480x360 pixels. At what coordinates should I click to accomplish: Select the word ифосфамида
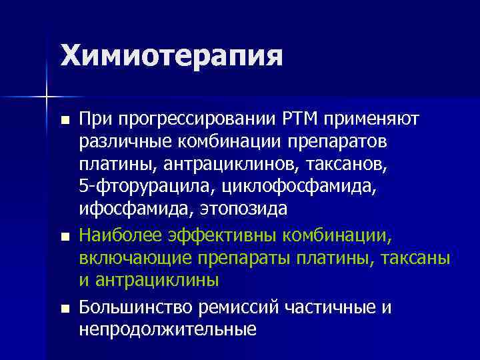(x=132, y=209)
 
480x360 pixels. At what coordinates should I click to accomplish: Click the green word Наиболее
(x=118, y=235)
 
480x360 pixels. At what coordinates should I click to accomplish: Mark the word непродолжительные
(x=167, y=329)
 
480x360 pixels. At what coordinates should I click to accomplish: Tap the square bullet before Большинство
(x=64, y=309)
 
